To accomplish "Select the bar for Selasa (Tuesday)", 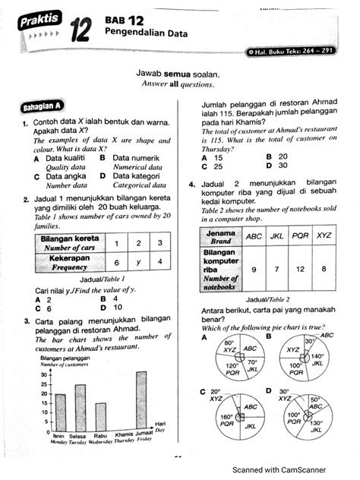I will point(81,409).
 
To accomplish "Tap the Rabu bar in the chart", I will point(100,415).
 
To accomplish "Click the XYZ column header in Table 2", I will point(324,235).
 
